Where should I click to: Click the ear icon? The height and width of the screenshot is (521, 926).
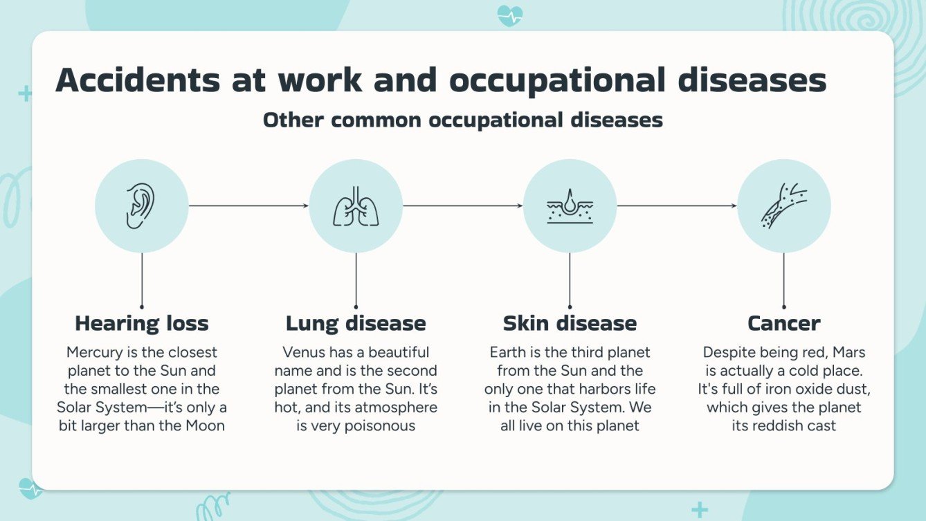pos(141,205)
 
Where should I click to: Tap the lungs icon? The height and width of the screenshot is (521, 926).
pos(356,205)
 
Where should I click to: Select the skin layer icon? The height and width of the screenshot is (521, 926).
pos(570,205)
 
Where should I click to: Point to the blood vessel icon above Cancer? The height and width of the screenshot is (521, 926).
pos(784,205)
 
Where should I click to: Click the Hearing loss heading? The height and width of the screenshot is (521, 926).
pos(141,323)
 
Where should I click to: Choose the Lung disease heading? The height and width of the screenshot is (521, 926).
pos(356,323)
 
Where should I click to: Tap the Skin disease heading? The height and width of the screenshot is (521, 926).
pos(570,323)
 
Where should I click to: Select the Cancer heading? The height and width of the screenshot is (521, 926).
pos(784,323)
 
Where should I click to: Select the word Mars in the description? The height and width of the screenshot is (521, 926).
pos(849,352)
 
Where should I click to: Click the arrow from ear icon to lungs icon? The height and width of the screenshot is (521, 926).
pos(248,205)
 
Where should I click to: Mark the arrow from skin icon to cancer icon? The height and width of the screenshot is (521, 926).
pos(677,205)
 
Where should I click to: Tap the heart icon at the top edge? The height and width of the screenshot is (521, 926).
pos(510,15)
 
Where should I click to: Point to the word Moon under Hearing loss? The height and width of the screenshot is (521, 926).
pos(205,426)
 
